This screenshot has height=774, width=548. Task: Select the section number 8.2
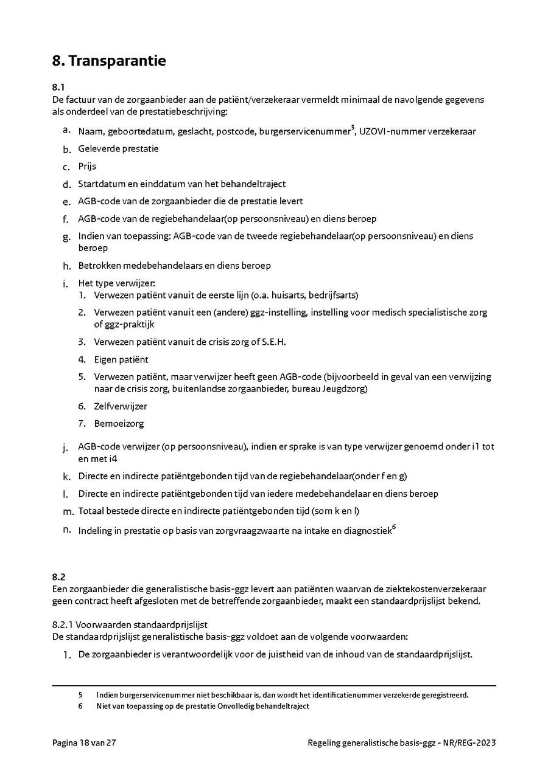[59, 576]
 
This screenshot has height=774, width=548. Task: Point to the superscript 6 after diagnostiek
[394, 527]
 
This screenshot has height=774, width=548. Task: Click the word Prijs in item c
[87, 166]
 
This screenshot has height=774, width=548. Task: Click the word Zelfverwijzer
[121, 406]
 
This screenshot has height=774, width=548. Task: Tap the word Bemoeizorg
[119, 424]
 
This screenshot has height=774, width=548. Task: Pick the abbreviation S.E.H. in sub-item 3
[273, 342]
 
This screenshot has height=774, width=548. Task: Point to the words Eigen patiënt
[121, 359]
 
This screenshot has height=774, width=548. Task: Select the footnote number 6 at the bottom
[80, 706]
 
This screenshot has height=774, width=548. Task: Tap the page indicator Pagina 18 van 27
[84, 742]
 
